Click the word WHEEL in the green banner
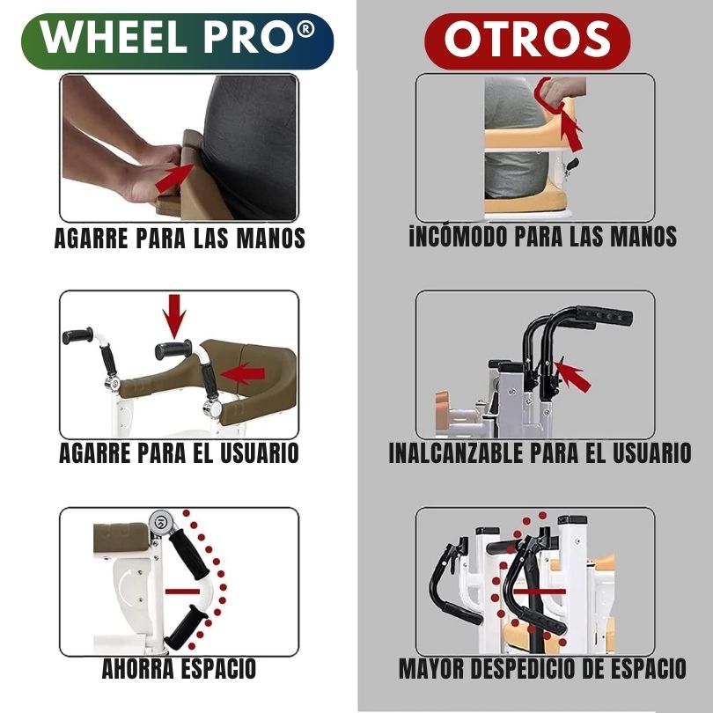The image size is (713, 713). (x=114, y=37)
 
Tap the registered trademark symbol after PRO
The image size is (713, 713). (x=305, y=29)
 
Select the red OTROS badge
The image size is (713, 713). (x=527, y=40)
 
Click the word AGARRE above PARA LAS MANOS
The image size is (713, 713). (x=91, y=238)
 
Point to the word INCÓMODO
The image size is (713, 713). (x=458, y=237)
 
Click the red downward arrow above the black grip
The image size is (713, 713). (x=174, y=316)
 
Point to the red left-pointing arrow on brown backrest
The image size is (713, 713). (x=242, y=374)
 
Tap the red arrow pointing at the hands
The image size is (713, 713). (x=174, y=178)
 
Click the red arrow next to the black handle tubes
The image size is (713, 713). (x=572, y=375)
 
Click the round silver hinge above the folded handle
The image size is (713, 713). (x=161, y=522)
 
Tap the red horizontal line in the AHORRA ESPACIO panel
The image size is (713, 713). (x=182, y=592)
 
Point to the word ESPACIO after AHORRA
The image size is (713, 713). (x=218, y=668)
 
